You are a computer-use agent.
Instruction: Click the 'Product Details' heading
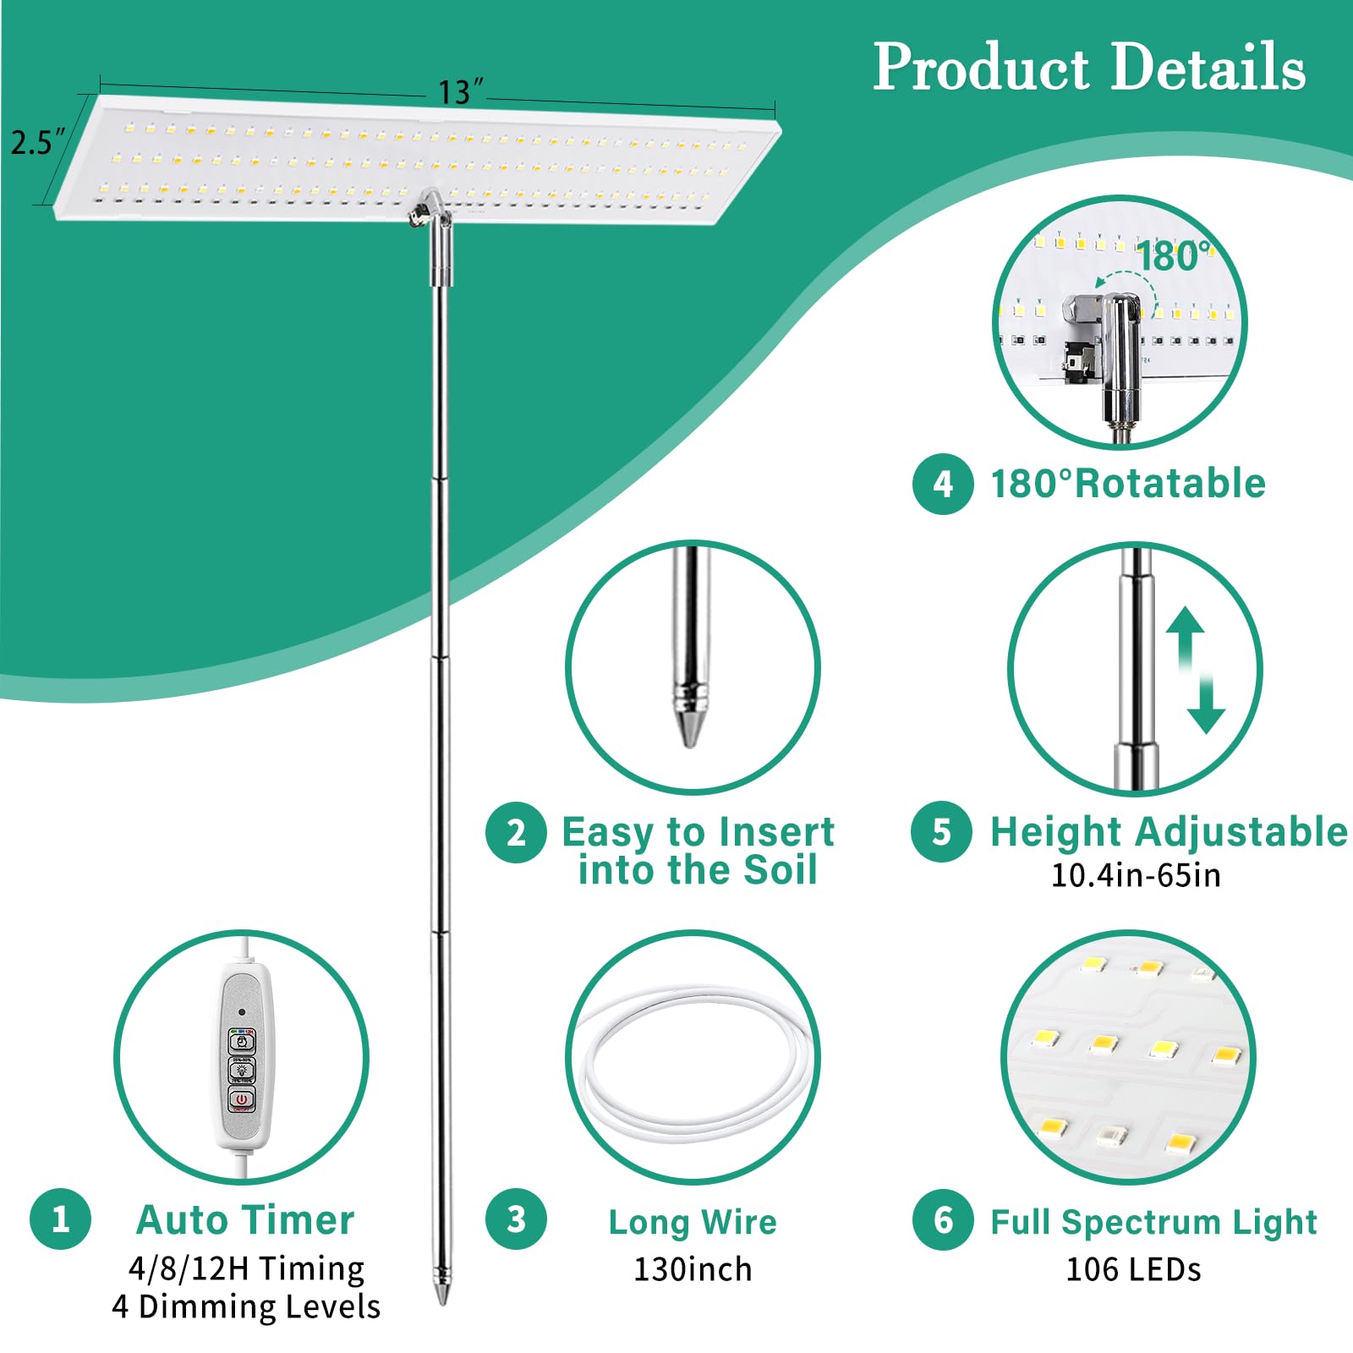(x=1089, y=68)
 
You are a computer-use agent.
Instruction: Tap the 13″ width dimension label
(x=460, y=91)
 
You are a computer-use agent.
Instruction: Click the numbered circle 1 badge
(x=60, y=1219)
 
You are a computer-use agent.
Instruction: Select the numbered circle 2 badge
(x=516, y=832)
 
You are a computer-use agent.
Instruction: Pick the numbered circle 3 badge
(x=516, y=1219)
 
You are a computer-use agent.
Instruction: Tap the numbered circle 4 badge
(x=943, y=484)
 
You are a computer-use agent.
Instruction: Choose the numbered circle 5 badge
(x=941, y=832)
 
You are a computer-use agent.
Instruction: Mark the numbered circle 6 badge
(x=943, y=1219)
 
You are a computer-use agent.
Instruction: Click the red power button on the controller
(x=242, y=1099)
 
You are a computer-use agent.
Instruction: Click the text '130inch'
(x=693, y=1269)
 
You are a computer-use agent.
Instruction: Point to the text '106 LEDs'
(x=1133, y=1269)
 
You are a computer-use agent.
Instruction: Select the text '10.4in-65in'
(x=1136, y=875)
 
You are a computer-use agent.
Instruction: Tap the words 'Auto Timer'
(x=245, y=1220)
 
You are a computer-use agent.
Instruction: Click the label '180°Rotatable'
(x=1128, y=484)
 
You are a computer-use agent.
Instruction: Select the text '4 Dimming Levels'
(x=246, y=1306)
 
